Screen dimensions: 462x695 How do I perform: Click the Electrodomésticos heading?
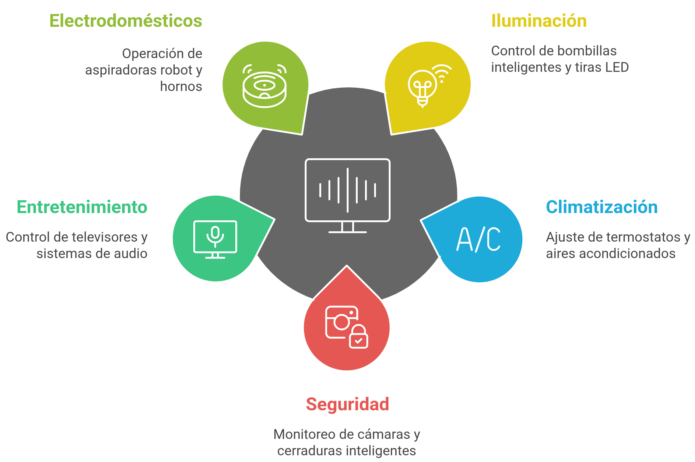126,21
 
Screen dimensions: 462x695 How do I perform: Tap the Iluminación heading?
539,21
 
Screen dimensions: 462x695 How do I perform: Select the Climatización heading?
602,207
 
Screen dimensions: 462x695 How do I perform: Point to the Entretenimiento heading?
82,207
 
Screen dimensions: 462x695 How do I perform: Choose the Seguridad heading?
347,404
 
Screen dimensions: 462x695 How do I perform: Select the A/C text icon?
479,239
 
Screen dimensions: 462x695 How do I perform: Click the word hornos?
181,87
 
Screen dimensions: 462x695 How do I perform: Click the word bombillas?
588,51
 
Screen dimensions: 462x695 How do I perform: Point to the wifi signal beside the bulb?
443,73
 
